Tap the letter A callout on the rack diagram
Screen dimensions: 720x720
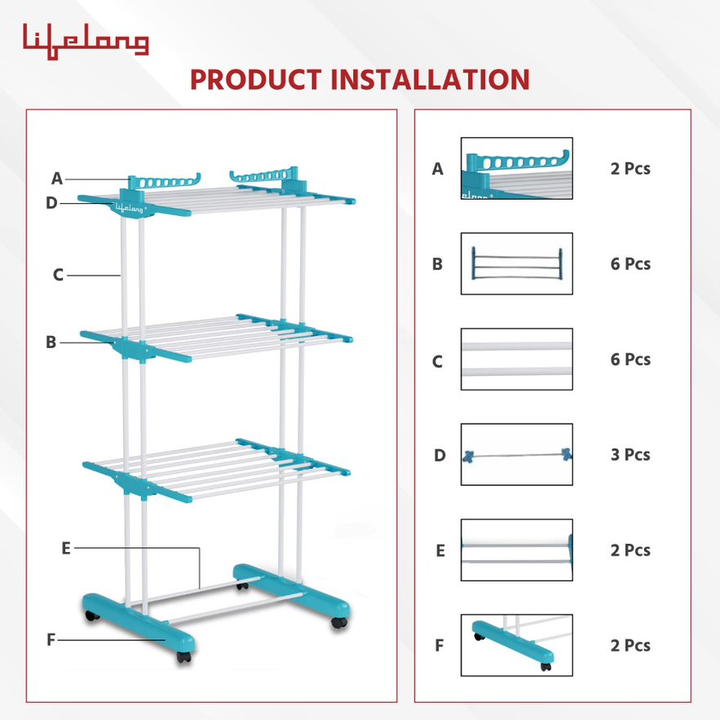[x=57, y=179]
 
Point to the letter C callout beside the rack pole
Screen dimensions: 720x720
[x=58, y=275]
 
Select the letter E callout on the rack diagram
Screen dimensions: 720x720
[x=66, y=548]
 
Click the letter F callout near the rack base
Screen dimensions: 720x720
[x=51, y=639]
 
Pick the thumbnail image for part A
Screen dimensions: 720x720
[x=516, y=168]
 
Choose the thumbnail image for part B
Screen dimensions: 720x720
[x=516, y=263]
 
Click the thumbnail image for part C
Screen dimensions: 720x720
[x=516, y=359]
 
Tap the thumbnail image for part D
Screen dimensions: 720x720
[x=516, y=454]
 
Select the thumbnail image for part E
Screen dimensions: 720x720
[x=516, y=550]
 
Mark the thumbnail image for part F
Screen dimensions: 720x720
[x=516, y=645]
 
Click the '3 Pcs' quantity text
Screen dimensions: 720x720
[x=630, y=454]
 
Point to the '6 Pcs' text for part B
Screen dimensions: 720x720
[x=630, y=263]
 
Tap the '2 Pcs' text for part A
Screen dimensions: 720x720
[x=630, y=169]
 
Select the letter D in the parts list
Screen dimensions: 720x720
[x=440, y=455]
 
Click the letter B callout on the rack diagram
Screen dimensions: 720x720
[x=51, y=342]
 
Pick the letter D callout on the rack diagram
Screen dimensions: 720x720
[x=51, y=202]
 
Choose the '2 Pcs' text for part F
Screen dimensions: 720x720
[x=630, y=645]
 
